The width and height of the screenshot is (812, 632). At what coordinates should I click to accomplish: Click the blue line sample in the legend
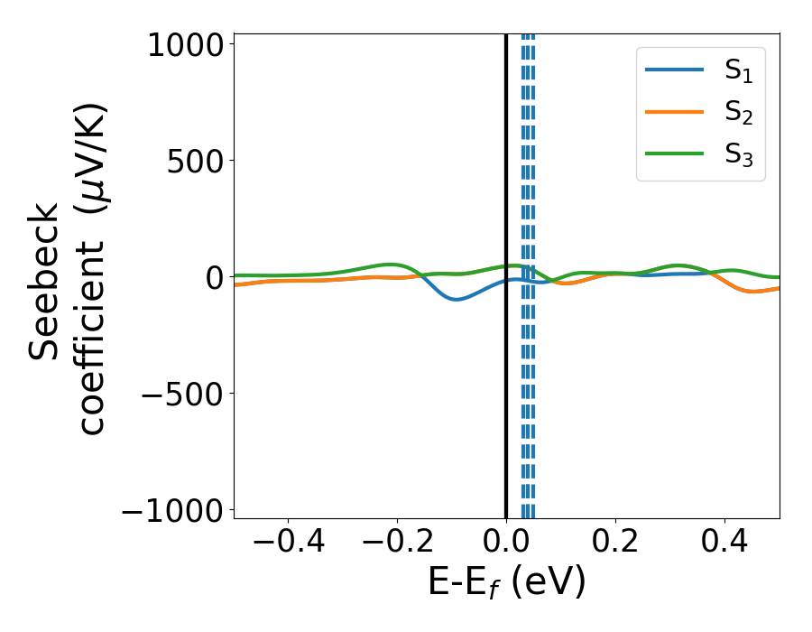675,70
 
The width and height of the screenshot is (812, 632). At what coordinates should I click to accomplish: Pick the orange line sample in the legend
675,111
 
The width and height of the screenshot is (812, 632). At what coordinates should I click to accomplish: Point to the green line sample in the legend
675,153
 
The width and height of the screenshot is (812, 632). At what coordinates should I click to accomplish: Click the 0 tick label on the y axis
213,277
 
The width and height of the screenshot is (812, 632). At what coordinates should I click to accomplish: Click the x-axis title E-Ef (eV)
506,582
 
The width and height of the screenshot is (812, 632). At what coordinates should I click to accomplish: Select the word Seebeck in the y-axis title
45,282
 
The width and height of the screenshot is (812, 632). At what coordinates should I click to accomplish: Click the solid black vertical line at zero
506,406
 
